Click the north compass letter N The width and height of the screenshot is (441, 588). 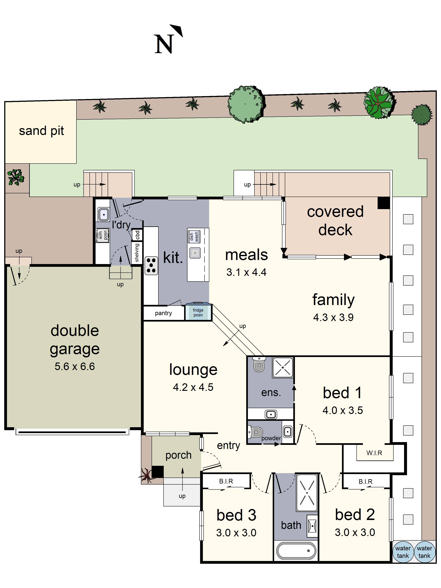(x=164, y=44)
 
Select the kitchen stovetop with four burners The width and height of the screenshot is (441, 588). (x=151, y=265)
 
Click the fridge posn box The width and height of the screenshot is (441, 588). (x=198, y=312)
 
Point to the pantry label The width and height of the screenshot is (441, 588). (x=163, y=313)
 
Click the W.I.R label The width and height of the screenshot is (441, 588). (x=374, y=453)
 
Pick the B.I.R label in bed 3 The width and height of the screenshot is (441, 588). (x=226, y=481)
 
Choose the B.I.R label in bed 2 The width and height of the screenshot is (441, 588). (x=365, y=481)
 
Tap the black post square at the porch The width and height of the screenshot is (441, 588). (x=158, y=472)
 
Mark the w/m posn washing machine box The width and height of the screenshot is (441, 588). (x=103, y=235)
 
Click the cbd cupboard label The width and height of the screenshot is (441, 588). (x=137, y=235)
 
